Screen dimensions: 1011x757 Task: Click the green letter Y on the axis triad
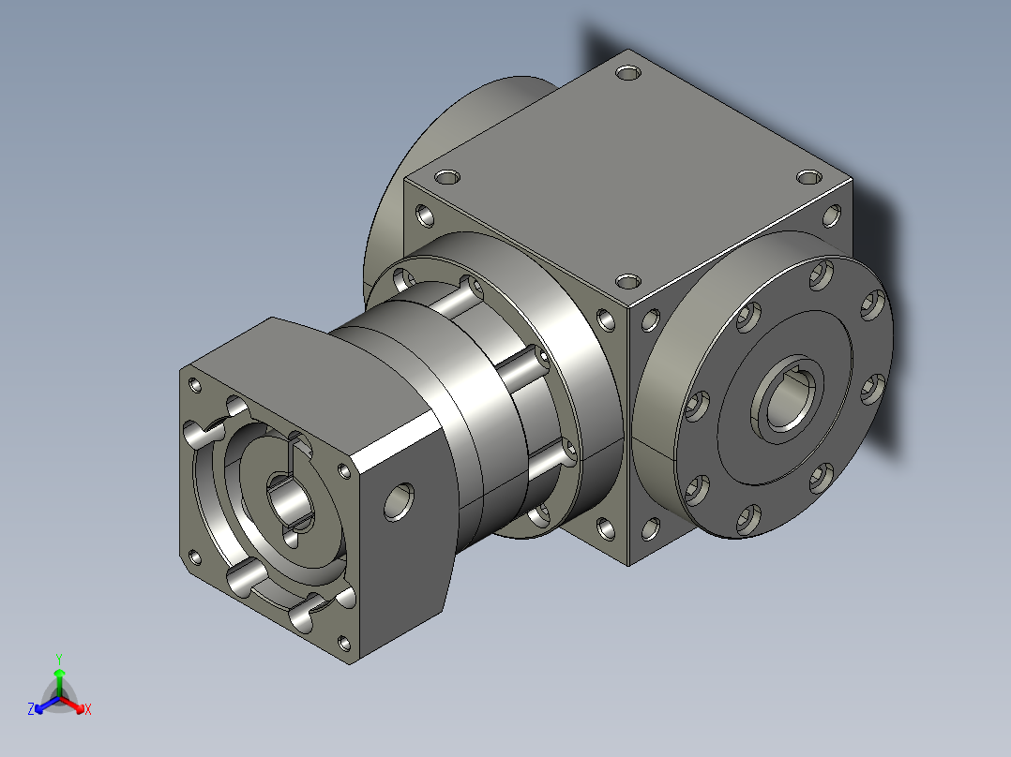[59, 659]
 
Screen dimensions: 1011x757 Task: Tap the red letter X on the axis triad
[88, 709]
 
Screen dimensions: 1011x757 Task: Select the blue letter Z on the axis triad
[31, 708]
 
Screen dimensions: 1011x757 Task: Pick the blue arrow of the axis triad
[47, 705]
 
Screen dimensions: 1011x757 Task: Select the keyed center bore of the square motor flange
[289, 502]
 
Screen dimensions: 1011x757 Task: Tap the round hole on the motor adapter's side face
[400, 502]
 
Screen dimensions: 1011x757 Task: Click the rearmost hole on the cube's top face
[628, 72]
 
